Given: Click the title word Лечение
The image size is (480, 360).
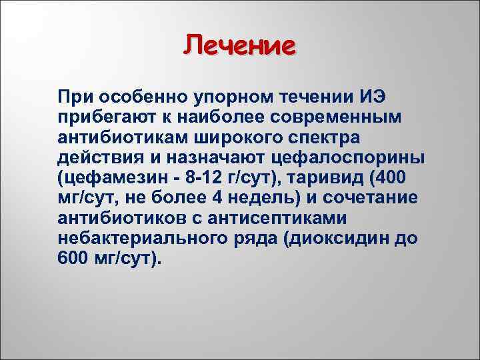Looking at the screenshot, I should [x=239, y=47].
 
